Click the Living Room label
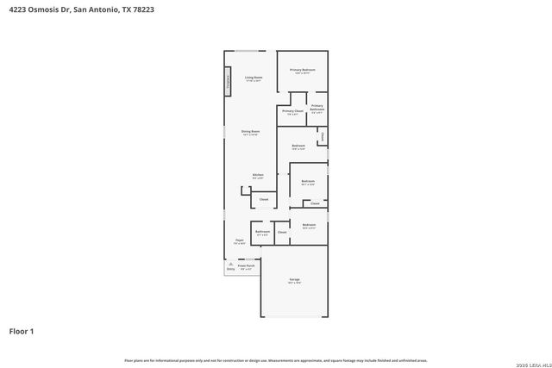point(253,78)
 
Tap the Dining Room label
point(251,132)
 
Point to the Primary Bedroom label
point(302,69)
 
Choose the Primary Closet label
point(292,111)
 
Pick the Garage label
point(294,280)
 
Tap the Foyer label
point(240,242)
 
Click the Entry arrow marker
point(230,267)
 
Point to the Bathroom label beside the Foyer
point(263,232)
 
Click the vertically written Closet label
point(322,136)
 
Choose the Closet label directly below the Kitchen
point(264,199)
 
